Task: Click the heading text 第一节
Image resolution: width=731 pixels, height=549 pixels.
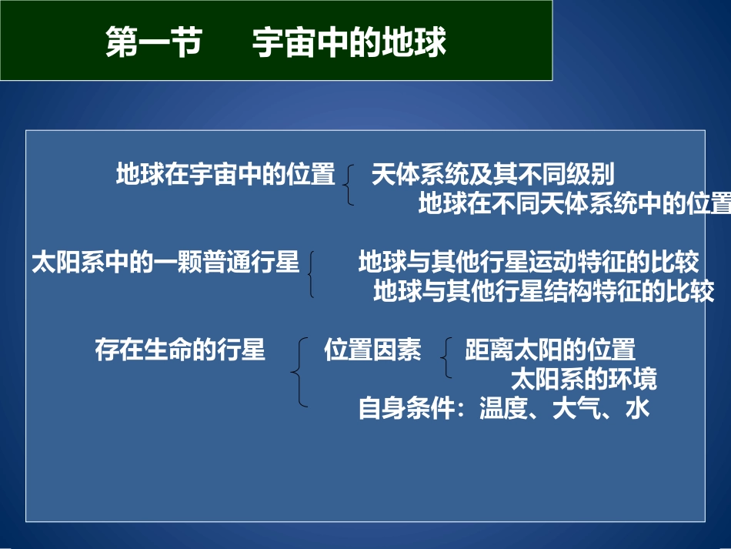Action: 152,43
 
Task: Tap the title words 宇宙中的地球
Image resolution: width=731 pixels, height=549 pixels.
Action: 349,43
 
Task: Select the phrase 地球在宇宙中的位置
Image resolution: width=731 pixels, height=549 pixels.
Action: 225,175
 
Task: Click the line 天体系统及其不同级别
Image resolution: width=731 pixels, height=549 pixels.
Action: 492,175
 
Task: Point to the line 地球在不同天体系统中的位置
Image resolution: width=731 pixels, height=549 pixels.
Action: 574,204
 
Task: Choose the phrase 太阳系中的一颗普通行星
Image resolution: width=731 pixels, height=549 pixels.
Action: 165,263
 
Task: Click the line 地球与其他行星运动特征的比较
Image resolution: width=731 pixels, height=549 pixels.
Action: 528,263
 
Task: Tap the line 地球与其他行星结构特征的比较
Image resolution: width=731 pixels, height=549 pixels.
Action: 543,292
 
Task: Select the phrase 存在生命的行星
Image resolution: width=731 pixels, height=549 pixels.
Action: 179,350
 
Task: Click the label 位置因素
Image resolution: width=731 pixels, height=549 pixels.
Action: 372,350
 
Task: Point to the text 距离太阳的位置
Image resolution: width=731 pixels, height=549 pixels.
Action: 550,350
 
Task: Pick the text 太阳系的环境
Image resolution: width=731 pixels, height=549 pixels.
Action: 584,379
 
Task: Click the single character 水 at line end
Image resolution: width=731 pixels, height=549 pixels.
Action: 638,408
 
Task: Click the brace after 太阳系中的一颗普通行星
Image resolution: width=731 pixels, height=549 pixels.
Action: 310,273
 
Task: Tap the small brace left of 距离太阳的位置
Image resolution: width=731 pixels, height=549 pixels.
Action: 446,358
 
